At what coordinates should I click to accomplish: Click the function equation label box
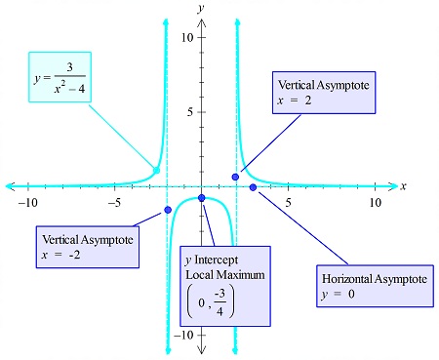[60, 80]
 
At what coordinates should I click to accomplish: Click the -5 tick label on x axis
[114, 202]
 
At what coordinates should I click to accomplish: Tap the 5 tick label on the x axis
[288, 202]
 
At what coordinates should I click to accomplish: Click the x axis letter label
[403, 184]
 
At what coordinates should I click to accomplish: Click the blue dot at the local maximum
[202, 198]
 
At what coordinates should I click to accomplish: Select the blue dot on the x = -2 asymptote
[168, 210]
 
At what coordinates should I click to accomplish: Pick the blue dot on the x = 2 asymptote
[236, 177]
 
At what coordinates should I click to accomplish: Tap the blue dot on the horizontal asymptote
[254, 186]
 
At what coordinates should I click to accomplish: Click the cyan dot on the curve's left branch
[156, 171]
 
